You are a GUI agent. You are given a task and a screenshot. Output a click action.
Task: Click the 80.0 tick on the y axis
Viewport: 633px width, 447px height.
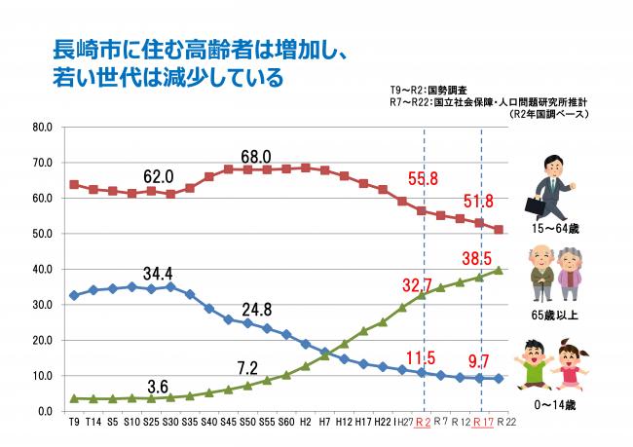tap(43, 127)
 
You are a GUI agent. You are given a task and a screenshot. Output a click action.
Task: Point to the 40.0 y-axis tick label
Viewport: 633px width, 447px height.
tap(43, 269)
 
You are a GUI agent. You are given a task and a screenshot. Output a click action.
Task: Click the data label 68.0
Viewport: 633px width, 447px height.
tap(255, 156)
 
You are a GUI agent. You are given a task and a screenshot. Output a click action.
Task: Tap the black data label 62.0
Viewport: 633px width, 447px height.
tap(158, 176)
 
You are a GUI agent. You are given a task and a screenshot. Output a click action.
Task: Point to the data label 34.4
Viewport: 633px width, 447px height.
tap(158, 272)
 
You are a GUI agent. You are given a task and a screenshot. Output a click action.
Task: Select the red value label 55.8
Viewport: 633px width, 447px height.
tap(422, 178)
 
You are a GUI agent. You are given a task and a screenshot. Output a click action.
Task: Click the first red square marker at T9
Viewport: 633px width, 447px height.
tap(74, 184)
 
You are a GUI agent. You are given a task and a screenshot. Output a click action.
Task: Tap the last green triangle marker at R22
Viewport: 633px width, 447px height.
tap(500, 271)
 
